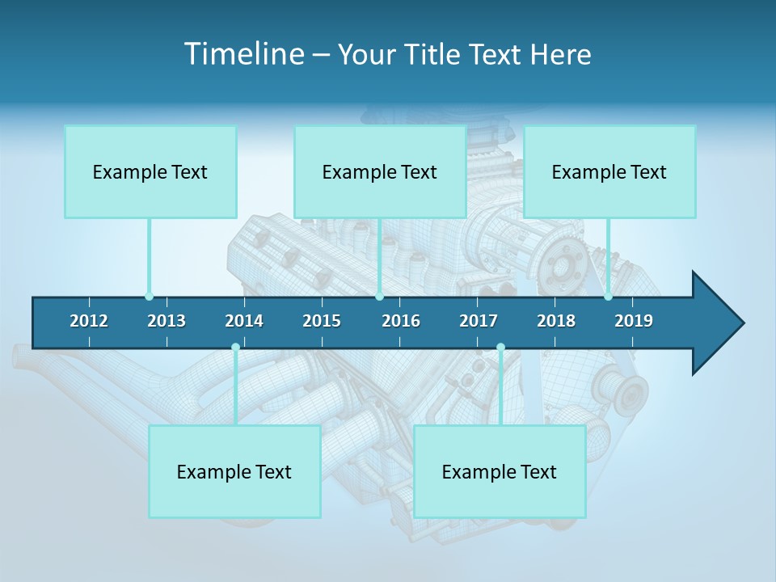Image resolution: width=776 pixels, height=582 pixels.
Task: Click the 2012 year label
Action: (89, 321)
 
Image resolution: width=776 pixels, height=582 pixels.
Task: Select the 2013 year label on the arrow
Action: (167, 321)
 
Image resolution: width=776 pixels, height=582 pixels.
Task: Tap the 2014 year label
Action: (244, 321)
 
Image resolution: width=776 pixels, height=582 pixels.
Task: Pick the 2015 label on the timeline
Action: (322, 321)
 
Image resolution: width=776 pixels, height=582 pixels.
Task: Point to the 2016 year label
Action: (401, 321)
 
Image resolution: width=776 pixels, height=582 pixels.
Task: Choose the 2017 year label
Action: (479, 321)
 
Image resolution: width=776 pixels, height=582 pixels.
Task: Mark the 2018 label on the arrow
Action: (556, 321)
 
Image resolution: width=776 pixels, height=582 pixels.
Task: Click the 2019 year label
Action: (634, 321)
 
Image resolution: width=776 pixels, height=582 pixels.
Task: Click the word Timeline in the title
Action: (242, 54)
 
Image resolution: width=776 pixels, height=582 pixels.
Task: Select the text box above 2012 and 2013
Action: (150, 171)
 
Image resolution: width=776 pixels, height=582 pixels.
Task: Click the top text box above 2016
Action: (380, 171)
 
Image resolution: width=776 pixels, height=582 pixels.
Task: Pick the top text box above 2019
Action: (609, 171)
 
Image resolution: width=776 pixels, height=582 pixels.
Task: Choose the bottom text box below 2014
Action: (234, 471)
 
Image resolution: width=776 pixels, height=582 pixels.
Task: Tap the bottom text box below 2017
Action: (500, 471)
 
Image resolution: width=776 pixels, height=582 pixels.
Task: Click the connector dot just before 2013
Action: (149, 297)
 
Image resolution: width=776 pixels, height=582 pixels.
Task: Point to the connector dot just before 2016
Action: (379, 297)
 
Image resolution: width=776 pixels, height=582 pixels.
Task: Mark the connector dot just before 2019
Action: (608, 297)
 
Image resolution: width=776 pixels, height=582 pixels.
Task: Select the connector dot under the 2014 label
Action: (235, 348)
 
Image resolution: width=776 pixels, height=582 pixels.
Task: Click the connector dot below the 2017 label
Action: (500, 348)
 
